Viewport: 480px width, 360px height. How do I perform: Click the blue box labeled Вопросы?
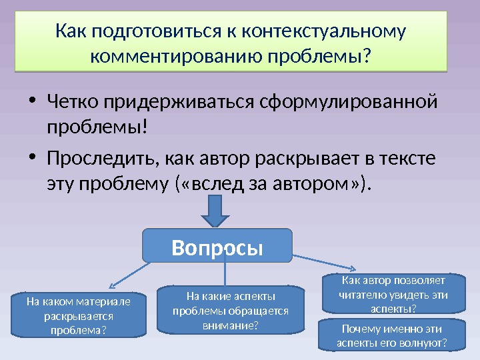coord(218,245)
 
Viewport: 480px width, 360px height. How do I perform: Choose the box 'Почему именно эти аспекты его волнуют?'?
coord(392,335)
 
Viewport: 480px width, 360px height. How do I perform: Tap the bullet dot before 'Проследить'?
coord(33,159)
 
